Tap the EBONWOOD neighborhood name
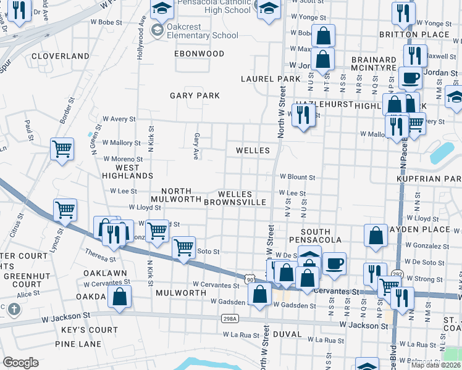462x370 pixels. (x=199, y=54)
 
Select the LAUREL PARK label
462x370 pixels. (x=270, y=79)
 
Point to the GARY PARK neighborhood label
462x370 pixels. (x=195, y=96)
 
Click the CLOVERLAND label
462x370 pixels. (x=61, y=55)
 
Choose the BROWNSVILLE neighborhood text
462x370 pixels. (x=235, y=202)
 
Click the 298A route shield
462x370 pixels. (x=229, y=318)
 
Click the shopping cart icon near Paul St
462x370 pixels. (x=62, y=149)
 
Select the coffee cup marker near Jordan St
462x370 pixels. (x=410, y=78)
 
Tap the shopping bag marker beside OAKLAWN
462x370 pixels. (x=119, y=297)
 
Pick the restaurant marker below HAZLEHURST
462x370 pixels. (x=303, y=115)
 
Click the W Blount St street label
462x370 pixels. (x=297, y=177)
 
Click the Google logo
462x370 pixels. (x=20, y=363)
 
